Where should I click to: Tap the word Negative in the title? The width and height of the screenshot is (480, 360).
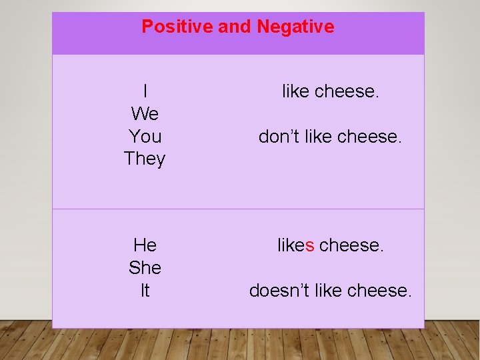(x=295, y=27)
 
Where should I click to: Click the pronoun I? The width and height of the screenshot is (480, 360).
(x=145, y=91)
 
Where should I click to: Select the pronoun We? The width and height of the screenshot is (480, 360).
(x=145, y=114)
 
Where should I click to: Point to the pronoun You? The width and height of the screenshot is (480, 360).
(x=145, y=137)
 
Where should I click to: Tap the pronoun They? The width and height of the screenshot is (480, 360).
(x=145, y=159)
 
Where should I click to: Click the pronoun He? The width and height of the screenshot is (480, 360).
(x=145, y=245)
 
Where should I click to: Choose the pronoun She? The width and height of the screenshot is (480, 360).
(x=145, y=268)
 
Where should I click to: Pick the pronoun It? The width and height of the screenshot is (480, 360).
(x=145, y=291)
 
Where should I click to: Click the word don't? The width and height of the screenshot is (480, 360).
(x=280, y=137)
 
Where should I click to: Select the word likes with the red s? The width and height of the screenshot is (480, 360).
(x=295, y=245)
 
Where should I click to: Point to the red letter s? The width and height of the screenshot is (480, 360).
(x=309, y=245)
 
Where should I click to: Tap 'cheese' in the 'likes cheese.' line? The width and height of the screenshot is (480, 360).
(x=351, y=245)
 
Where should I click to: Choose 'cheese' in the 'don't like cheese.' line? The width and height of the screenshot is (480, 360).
(x=369, y=137)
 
